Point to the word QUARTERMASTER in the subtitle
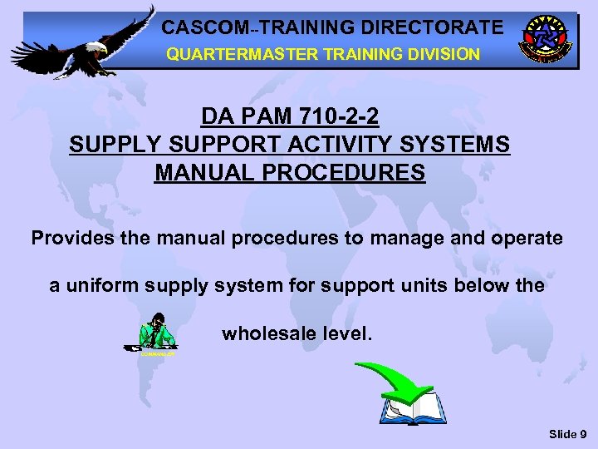[x=223, y=54]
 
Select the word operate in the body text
[x=524, y=239]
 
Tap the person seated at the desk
[x=156, y=333]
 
